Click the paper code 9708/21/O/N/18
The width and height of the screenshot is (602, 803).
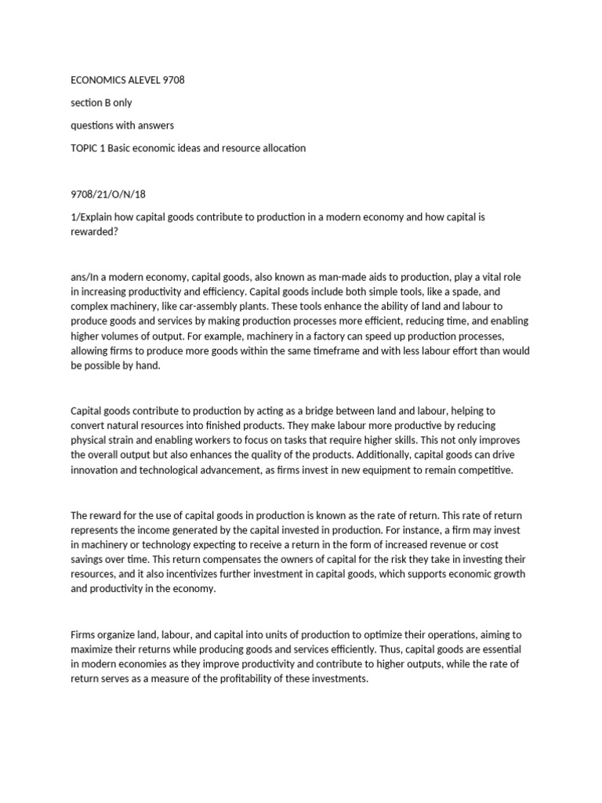(108, 194)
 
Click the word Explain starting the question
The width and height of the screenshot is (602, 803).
(97, 216)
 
